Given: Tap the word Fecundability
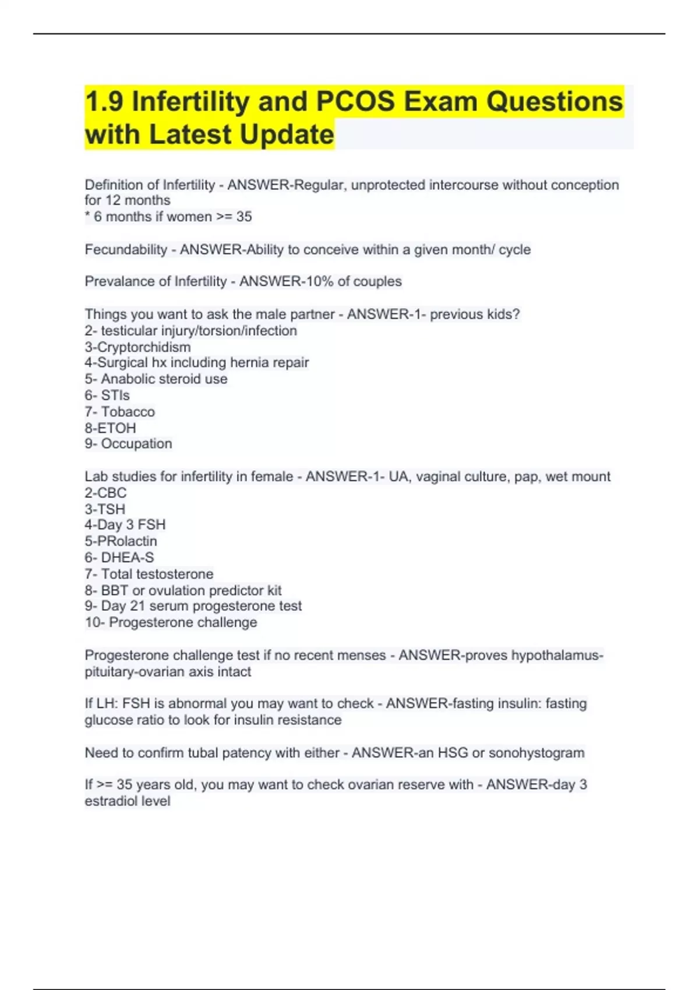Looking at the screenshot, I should pos(126,250).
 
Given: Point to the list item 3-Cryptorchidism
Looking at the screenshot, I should pos(137,347).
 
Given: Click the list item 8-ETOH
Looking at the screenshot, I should pos(110,428).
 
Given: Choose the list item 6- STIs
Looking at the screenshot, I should pos(107,395).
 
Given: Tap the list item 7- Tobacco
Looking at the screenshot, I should pos(120,412).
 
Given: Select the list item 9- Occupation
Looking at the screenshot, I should pos(128,444).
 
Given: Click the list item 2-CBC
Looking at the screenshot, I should pos(105,493).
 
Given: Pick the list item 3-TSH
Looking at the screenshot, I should pos(105,509).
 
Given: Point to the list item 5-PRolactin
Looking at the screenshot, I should pos(121,541).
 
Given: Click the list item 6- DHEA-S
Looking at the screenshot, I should pos(119,557).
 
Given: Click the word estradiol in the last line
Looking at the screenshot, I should pos(110,801).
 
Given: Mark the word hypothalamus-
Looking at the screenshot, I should pos(557,656).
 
